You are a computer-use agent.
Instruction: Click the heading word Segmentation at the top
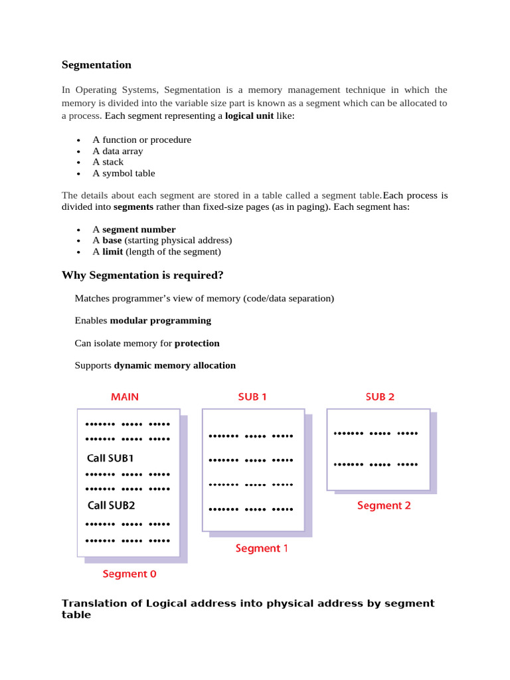coord(96,65)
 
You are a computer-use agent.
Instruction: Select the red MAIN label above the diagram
coord(125,397)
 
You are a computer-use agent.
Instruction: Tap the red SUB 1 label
coord(252,397)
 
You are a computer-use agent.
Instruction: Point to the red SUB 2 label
coord(380,397)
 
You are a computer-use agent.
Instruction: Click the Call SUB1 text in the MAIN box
coord(110,458)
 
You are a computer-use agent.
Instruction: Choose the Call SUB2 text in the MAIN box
coord(111,505)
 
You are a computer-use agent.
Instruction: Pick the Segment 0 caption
coord(129,574)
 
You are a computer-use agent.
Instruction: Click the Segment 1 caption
coord(262,549)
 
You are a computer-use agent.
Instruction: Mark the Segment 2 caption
coord(384,505)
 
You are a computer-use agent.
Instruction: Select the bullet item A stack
coord(108,162)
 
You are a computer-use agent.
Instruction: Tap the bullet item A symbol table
coord(124,173)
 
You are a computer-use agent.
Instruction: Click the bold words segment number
coord(139,230)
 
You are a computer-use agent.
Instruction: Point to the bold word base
coord(112,240)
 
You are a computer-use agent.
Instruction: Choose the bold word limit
coord(112,252)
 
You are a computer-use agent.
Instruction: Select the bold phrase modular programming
coord(160,321)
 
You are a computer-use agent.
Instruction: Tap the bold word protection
coord(197,343)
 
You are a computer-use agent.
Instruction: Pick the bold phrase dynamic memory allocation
coord(175,365)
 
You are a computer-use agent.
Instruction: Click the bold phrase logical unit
coord(250,116)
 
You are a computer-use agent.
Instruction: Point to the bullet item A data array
coord(118,151)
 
